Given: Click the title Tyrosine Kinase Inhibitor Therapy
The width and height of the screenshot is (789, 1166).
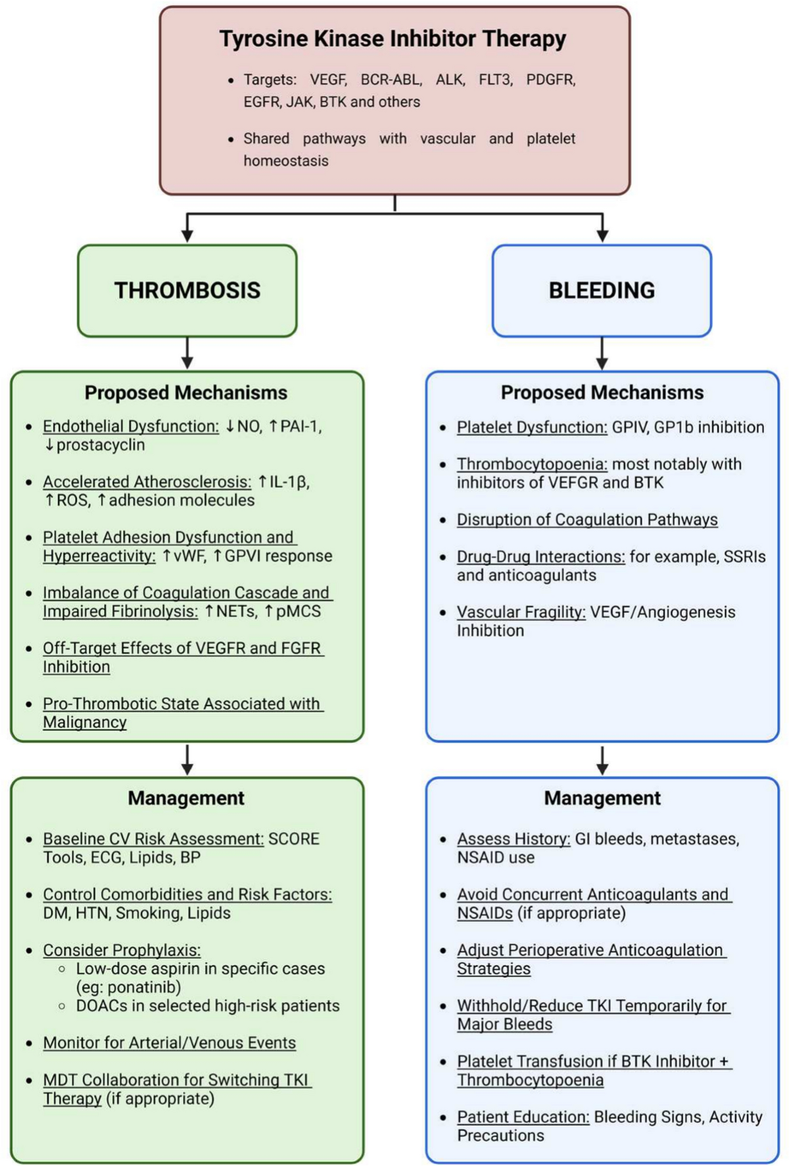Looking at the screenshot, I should (393, 39).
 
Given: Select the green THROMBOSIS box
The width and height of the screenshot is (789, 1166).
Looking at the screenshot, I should (187, 291).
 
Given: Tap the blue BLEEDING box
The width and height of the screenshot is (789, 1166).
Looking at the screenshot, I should (602, 291).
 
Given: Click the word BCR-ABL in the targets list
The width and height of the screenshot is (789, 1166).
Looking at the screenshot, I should (391, 80).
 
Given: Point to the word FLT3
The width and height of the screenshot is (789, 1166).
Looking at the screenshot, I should (495, 80).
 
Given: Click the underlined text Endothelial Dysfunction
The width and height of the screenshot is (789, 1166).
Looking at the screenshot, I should (131, 426).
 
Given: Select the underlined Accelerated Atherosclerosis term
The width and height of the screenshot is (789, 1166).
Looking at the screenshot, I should (147, 482).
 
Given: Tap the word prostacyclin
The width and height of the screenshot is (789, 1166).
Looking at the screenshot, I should (101, 445).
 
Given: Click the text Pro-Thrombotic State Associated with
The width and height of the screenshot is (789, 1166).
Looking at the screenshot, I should (181, 704).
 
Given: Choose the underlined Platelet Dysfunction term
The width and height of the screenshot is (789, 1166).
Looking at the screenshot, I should (532, 427).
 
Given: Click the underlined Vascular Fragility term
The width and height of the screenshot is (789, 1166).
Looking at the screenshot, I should (521, 612).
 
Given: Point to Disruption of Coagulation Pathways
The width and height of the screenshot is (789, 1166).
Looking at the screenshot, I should (587, 520).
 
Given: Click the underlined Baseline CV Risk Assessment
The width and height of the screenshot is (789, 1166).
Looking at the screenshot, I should (153, 839).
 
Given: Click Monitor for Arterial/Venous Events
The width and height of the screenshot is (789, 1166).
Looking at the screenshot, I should (170, 1043).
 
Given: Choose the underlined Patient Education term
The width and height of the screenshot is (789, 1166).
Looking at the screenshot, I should (523, 1117).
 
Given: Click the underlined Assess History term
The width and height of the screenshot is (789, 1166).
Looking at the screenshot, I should (514, 839).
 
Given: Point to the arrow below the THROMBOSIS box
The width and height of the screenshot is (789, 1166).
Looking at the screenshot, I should (187, 353).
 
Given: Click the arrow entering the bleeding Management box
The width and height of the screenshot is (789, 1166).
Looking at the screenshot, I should (602, 761).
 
